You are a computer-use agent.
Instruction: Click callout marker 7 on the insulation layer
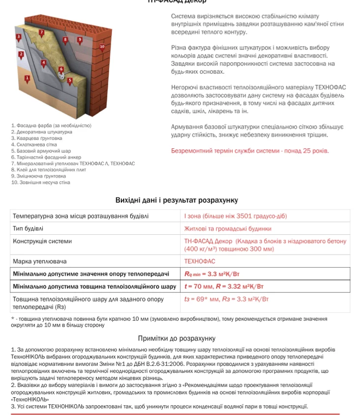coord(42,33)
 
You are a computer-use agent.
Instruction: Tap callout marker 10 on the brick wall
coord(102,47)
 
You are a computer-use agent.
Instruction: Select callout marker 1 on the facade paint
coord(28,78)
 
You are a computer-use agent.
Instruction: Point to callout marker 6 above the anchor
coord(61,69)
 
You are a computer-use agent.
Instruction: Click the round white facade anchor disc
coord(62,77)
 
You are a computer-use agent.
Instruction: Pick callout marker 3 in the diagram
coord(19,37)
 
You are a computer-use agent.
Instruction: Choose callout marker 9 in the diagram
coord(80,39)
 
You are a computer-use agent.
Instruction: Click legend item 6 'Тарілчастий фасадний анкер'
coord(41,157)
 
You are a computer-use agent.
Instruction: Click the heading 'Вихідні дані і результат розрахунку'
coord(177,200)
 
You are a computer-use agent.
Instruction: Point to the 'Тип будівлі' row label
coord(28,228)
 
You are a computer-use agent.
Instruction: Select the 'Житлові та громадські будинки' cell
coord(227,228)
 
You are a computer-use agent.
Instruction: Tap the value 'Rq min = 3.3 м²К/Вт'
coord(212,274)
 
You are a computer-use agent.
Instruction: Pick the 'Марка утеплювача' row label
coord(40,261)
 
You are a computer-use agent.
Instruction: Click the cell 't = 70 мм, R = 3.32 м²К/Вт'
coord(224,286)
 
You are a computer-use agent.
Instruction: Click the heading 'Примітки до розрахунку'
coord(176,338)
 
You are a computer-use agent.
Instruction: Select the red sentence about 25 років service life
coord(249,151)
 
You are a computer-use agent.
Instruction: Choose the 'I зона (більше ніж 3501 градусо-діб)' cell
coord(235,216)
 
